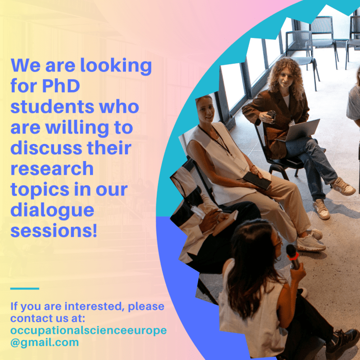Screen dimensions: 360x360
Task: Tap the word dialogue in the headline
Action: (x=53, y=210)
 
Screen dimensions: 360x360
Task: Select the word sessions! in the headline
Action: (x=54, y=231)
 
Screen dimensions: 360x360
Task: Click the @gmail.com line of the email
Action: (x=44, y=342)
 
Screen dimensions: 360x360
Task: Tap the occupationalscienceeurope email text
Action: (x=88, y=330)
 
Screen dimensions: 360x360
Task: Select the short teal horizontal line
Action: (x=24, y=288)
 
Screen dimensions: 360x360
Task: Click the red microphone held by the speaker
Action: (x=292, y=255)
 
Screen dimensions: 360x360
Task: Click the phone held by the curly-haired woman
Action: (x=271, y=115)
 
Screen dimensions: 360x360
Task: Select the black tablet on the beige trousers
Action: (x=257, y=180)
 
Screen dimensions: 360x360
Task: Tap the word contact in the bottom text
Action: (x=31, y=319)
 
